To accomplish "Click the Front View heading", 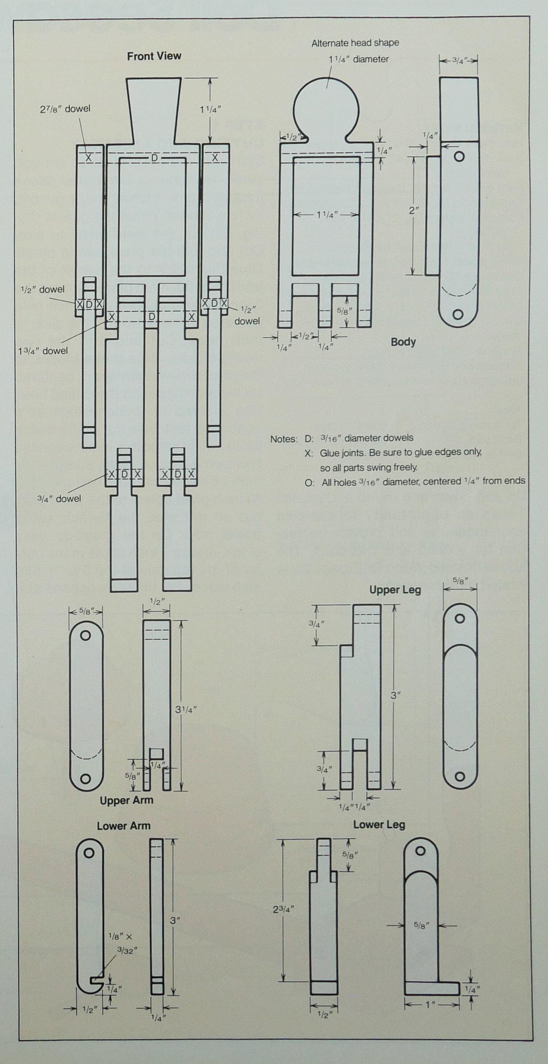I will pos(154,56).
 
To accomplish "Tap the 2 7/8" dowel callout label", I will pos(65,109).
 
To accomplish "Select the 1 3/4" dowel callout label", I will pos(43,351).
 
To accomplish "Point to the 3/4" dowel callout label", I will pos(59,499).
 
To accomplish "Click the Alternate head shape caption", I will pos(355,43).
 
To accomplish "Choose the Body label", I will pos(403,342).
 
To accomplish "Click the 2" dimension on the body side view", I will pos(414,210).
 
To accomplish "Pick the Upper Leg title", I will pos(395,590).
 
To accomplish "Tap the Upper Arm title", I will pos(126,800).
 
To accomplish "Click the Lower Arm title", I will pos(123,826).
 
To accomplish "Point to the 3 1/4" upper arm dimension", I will pos(186,710).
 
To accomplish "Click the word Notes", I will pos(283,439).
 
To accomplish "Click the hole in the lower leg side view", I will pos(420,850).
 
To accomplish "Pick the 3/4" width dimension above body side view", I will pos(458,60).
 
